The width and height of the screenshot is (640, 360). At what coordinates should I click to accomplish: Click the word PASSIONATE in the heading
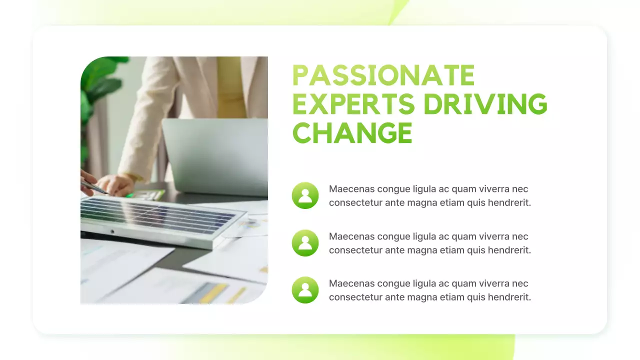pyautogui.click(x=383, y=76)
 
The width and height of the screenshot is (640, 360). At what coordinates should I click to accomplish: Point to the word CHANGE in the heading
pyautogui.click(x=352, y=132)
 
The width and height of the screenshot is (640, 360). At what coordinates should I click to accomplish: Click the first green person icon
pyautogui.click(x=305, y=195)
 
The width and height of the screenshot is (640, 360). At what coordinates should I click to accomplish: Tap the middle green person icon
pyautogui.click(x=305, y=243)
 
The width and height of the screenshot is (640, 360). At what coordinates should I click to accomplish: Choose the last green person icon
pyautogui.click(x=305, y=290)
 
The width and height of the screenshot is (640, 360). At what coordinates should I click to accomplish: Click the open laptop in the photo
pyautogui.click(x=215, y=155)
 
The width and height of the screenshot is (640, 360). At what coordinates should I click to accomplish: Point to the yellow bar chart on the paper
pyautogui.click(x=215, y=293)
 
